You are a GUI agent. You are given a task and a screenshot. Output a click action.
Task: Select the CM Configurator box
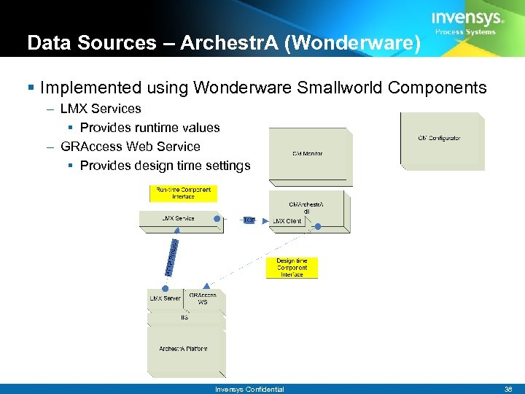[440, 139]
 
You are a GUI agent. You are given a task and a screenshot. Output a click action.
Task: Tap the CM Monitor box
[307, 153]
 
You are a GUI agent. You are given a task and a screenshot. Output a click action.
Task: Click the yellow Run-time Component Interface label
[183, 193]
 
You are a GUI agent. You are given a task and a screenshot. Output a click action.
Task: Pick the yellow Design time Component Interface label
[292, 268]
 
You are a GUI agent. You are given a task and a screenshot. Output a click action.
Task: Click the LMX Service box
[178, 218]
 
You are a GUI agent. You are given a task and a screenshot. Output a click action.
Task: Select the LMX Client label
[287, 221]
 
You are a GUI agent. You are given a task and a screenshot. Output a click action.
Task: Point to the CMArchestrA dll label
[306, 208]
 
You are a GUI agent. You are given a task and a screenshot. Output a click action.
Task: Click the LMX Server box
[165, 298]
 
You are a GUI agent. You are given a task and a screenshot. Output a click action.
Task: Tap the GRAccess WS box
[202, 298]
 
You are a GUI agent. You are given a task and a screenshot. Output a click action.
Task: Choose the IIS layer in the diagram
[184, 317]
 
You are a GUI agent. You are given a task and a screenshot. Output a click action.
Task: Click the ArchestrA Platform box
[183, 349]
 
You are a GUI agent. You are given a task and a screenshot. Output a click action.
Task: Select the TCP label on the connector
[249, 220]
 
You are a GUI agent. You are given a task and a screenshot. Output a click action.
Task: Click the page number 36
[508, 389]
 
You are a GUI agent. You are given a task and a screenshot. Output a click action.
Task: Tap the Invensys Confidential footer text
[249, 389]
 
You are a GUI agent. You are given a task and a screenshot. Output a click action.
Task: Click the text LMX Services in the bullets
[101, 109]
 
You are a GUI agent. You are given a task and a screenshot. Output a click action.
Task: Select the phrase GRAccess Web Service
[131, 146]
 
